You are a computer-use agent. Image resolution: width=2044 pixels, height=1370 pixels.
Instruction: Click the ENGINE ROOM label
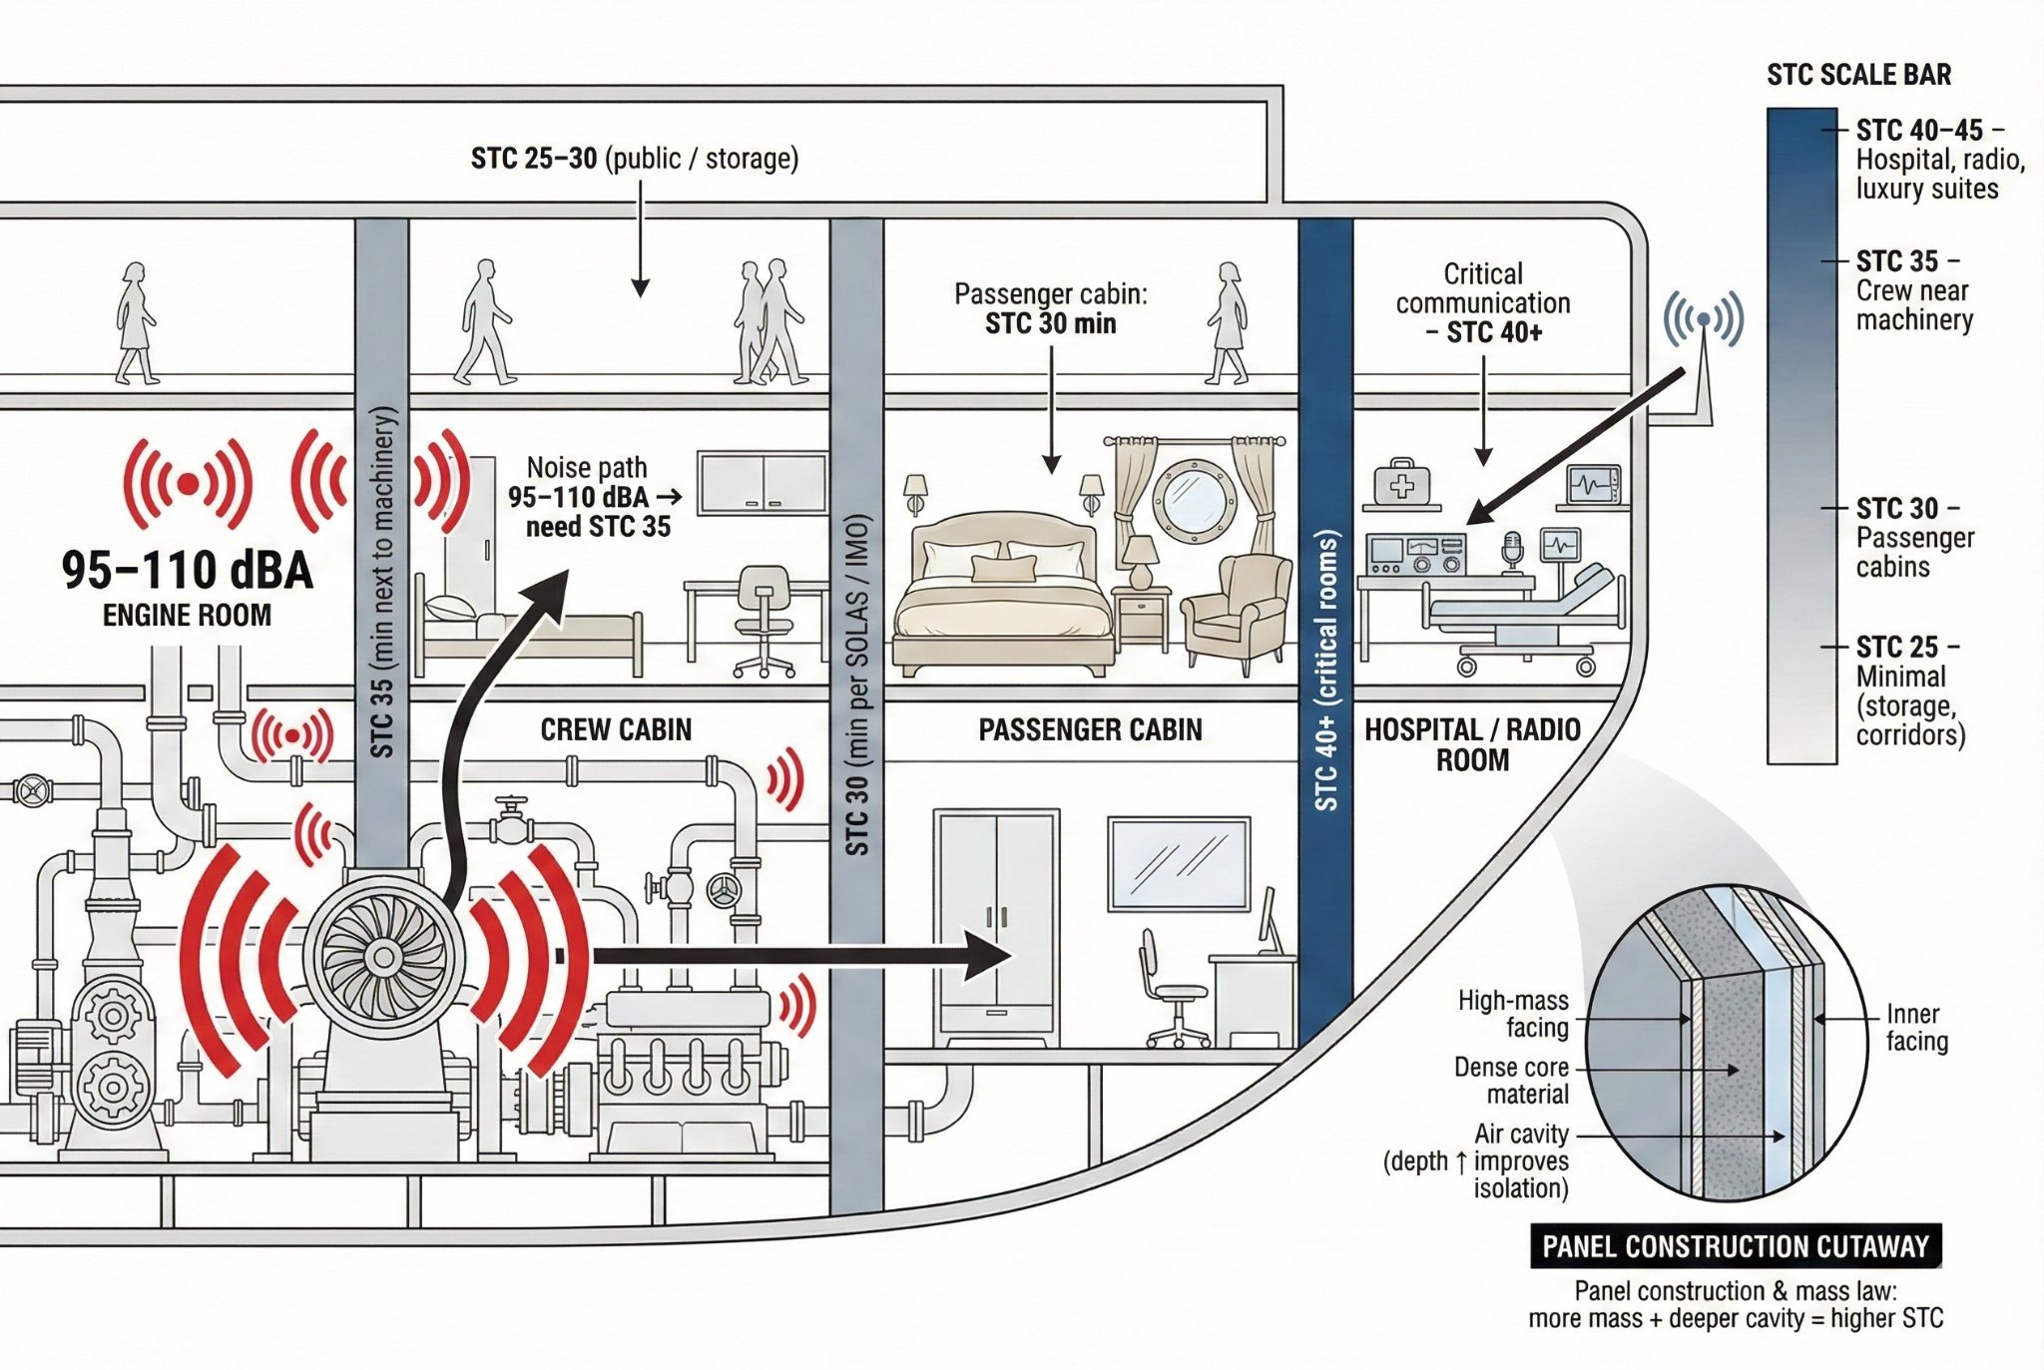click(187, 615)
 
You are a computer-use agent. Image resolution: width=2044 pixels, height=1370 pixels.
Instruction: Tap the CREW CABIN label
click(616, 729)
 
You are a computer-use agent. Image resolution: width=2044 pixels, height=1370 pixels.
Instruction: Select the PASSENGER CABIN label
click(1090, 729)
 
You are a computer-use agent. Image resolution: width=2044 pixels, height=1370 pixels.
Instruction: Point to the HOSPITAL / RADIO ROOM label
click(1472, 744)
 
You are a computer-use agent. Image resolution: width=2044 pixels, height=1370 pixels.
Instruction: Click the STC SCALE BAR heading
click(1858, 75)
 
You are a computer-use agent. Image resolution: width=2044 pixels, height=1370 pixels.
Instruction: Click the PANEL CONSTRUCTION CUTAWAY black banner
click(1736, 1246)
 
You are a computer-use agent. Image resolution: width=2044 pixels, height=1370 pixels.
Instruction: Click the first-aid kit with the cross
click(1401, 486)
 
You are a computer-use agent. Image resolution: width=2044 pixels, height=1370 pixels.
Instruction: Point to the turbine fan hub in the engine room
click(383, 956)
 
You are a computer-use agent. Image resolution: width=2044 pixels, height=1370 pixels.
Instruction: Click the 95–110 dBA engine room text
click(187, 570)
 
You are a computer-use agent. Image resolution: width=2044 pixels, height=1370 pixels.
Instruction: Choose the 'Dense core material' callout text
click(1511, 1081)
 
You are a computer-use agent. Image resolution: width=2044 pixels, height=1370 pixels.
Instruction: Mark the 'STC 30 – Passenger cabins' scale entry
click(1913, 538)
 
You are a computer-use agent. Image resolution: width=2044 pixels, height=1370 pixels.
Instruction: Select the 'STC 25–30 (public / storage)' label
click(635, 159)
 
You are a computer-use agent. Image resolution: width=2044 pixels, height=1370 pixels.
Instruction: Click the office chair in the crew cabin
click(764, 619)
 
